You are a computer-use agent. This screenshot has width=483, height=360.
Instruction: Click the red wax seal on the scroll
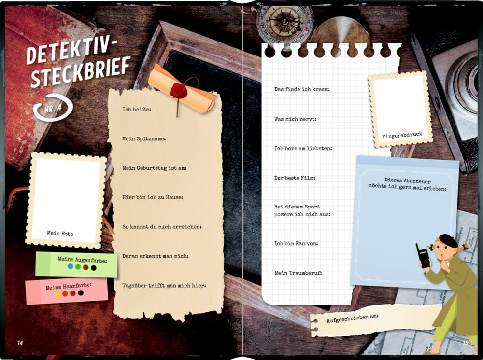(179, 90)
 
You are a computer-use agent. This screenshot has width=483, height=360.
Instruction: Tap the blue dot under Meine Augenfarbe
(71, 266)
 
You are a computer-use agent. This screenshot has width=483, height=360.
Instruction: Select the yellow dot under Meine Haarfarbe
(57, 294)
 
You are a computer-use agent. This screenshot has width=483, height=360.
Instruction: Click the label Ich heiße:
(137, 109)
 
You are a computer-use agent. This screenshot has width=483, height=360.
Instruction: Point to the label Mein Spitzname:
(144, 139)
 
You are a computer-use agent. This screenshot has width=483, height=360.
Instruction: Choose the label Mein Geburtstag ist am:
(155, 168)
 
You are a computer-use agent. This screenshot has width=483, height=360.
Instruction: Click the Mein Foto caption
(60, 233)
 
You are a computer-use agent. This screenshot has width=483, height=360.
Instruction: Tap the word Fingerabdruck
(402, 135)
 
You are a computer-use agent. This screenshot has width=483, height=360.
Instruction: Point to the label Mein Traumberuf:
(298, 273)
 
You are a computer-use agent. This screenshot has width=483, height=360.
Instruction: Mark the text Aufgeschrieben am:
(353, 318)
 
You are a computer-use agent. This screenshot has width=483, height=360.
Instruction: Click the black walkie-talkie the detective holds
(423, 256)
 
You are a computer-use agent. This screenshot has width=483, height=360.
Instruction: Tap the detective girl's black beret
(449, 240)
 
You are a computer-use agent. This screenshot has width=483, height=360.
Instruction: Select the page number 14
(20, 343)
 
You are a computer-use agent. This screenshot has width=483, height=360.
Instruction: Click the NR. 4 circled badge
(53, 108)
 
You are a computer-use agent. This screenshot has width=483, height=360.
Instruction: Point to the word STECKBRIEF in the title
(81, 71)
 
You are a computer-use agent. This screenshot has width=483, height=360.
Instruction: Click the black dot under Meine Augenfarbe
(94, 268)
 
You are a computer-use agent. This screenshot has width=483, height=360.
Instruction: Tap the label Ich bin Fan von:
(296, 243)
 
